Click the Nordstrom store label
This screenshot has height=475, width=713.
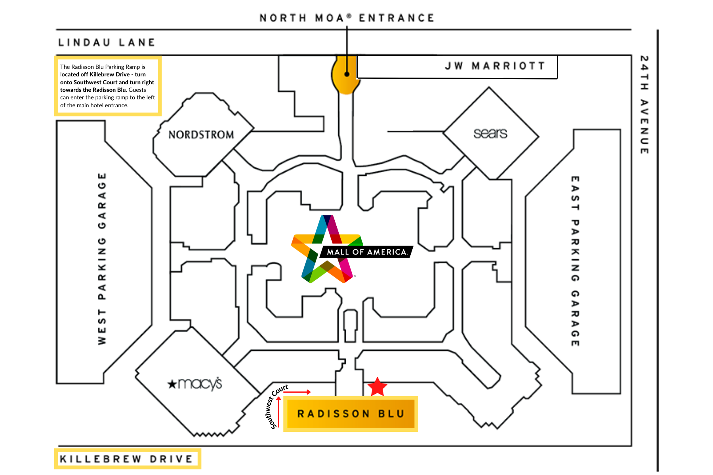[x=201, y=135]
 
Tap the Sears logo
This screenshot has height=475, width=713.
[x=490, y=133]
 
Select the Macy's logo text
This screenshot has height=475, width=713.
[x=200, y=384]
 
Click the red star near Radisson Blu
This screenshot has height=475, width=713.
[x=377, y=387]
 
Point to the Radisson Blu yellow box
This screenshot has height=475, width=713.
[x=351, y=414]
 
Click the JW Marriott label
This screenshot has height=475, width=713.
[x=495, y=66]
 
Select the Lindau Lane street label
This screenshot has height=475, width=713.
[x=107, y=42]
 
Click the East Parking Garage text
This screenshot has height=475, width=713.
[x=575, y=261]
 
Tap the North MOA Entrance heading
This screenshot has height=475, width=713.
[x=347, y=18]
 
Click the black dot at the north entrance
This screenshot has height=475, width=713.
[x=347, y=74]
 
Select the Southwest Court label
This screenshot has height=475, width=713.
[x=276, y=407]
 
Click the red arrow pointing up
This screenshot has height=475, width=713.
[x=279, y=412]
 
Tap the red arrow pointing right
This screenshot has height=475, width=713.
[x=297, y=392]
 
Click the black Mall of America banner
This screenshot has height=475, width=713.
[x=366, y=252]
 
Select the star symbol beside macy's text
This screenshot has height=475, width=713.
[x=172, y=384]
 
